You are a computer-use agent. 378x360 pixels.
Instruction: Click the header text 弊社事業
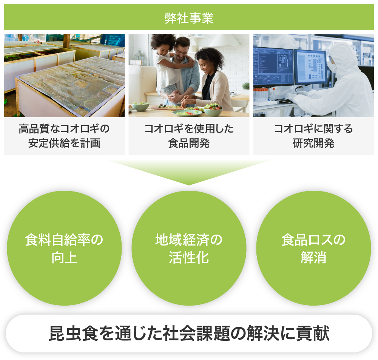[189, 18]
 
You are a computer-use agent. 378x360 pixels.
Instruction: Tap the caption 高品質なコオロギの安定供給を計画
[64, 136]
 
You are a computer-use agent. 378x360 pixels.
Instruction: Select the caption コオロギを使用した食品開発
[189, 136]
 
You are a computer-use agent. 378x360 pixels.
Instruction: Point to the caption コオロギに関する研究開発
[313, 136]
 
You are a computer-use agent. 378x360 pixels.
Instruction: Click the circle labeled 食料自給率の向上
[64, 248]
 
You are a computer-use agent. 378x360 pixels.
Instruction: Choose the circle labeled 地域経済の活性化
[189, 248]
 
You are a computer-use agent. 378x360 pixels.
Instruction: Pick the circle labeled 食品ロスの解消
[313, 248]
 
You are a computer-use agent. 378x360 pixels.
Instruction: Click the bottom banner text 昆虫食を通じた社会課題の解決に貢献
[189, 334]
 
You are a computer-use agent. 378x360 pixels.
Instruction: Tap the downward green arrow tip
[189, 185]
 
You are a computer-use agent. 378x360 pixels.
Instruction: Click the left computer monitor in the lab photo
[273, 67]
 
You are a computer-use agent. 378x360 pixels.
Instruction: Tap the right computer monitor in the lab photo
[310, 68]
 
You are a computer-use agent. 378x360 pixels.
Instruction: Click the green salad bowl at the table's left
[140, 106]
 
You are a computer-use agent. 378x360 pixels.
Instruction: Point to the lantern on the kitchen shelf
[139, 57]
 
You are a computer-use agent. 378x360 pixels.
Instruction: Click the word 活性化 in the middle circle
[189, 257]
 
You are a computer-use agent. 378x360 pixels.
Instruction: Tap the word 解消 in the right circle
[313, 257]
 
